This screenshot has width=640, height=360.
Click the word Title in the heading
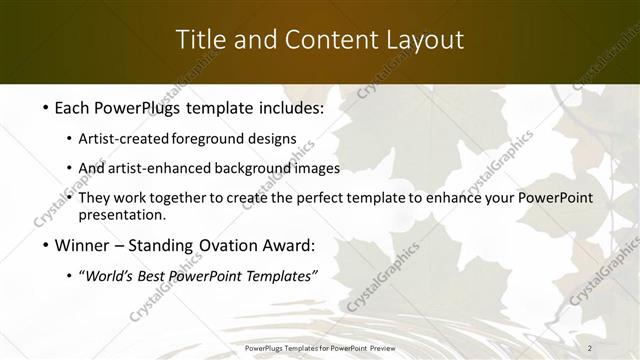200,40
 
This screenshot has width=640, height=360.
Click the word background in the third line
256,168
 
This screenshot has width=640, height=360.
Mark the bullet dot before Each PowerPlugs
47,105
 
